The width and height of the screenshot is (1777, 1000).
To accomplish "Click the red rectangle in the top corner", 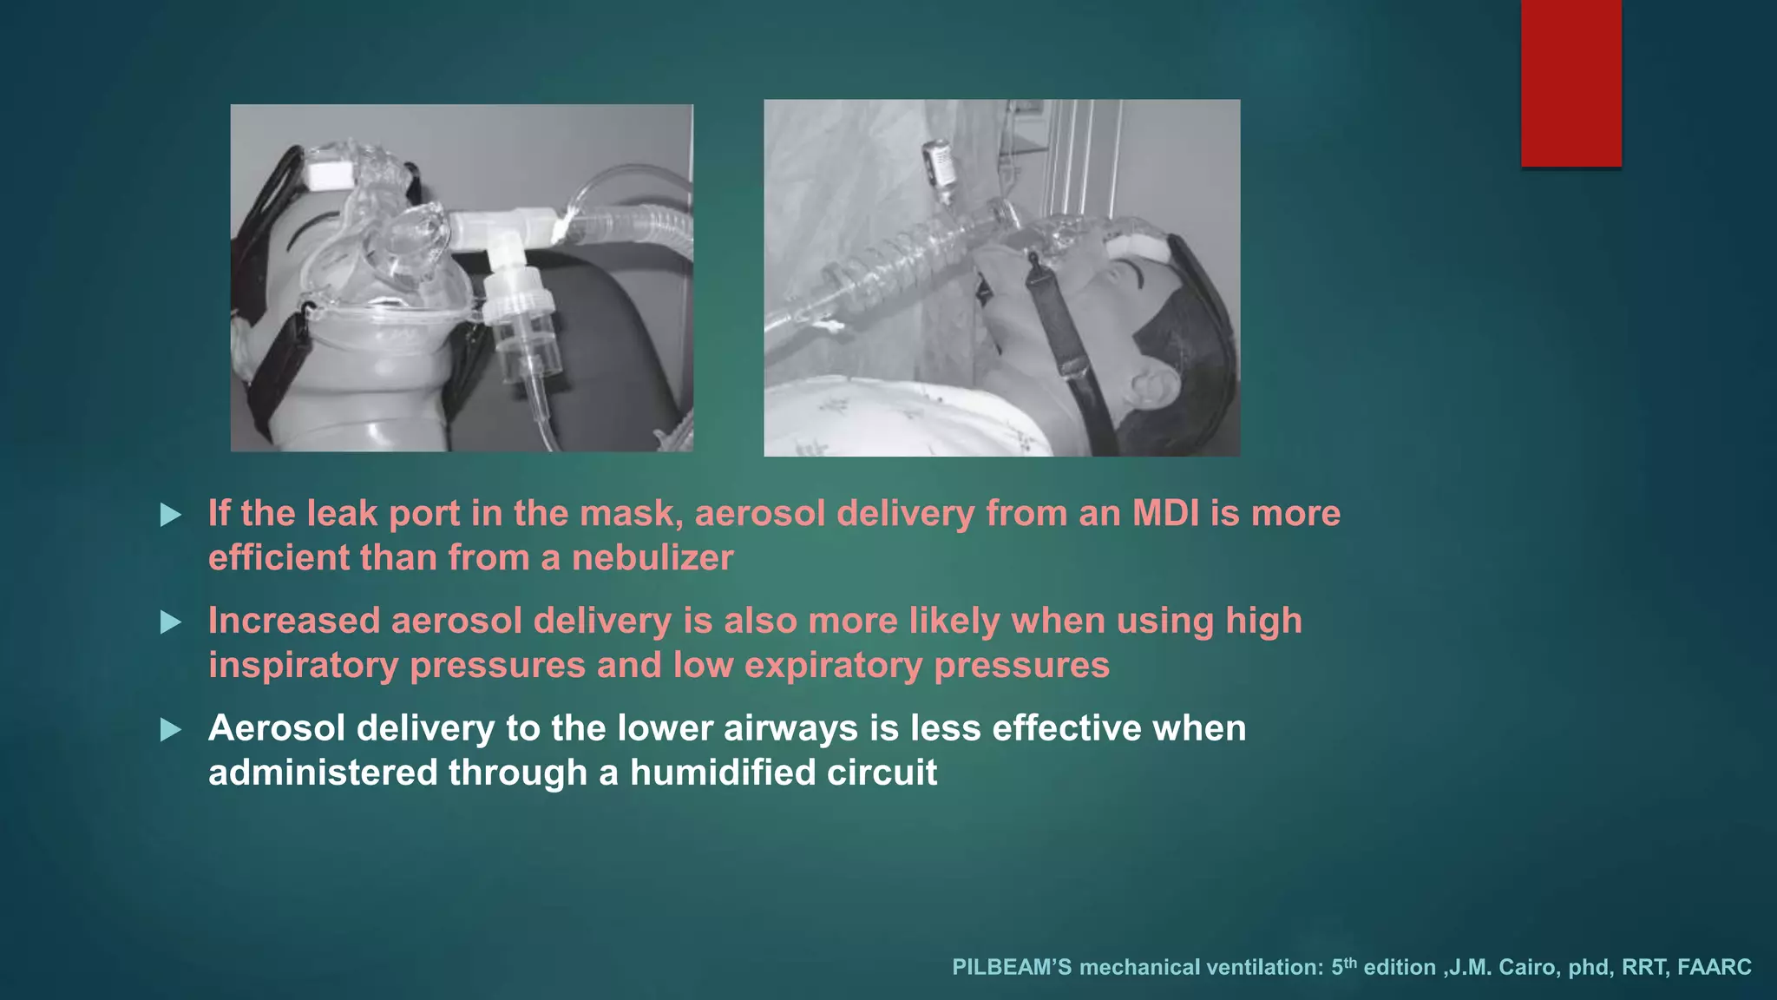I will coord(1570,82).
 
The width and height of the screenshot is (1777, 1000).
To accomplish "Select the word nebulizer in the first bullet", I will coord(652,557).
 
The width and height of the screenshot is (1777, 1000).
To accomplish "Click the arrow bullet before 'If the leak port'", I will coord(171,516).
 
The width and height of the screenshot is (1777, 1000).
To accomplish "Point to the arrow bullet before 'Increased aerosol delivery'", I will coord(171,622).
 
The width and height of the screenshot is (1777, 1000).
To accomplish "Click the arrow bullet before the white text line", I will coord(171,730).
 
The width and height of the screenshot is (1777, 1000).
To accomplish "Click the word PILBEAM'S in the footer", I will coord(1012,967).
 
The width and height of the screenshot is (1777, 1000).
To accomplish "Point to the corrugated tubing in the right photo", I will coord(894,260).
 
